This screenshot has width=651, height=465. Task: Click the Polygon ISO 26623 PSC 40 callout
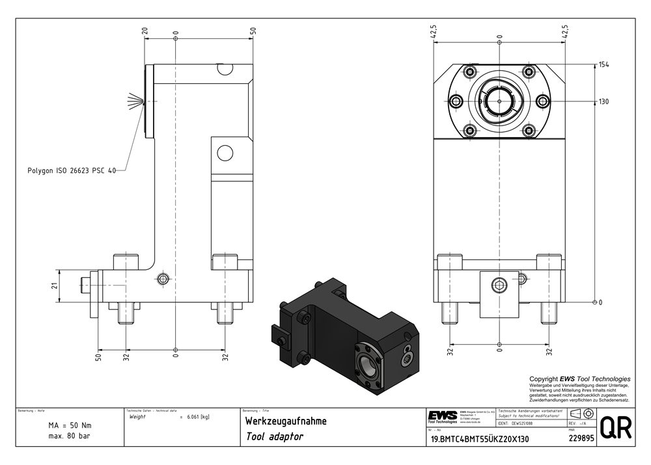tap(71, 170)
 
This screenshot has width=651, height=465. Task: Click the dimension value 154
tap(603, 65)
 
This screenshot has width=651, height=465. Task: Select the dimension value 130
tap(603, 101)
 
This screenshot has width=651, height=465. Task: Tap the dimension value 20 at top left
tap(145, 31)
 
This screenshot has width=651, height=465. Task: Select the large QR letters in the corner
tap(614, 428)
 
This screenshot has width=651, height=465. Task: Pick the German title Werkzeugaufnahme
tap(285, 421)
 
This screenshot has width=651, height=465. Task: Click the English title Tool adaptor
tap(274, 437)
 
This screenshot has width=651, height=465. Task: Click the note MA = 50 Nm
tap(70, 425)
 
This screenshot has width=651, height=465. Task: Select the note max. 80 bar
tap(70, 436)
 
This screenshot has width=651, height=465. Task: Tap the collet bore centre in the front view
tap(499, 101)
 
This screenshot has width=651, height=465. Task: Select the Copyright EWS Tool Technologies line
tap(579, 379)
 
